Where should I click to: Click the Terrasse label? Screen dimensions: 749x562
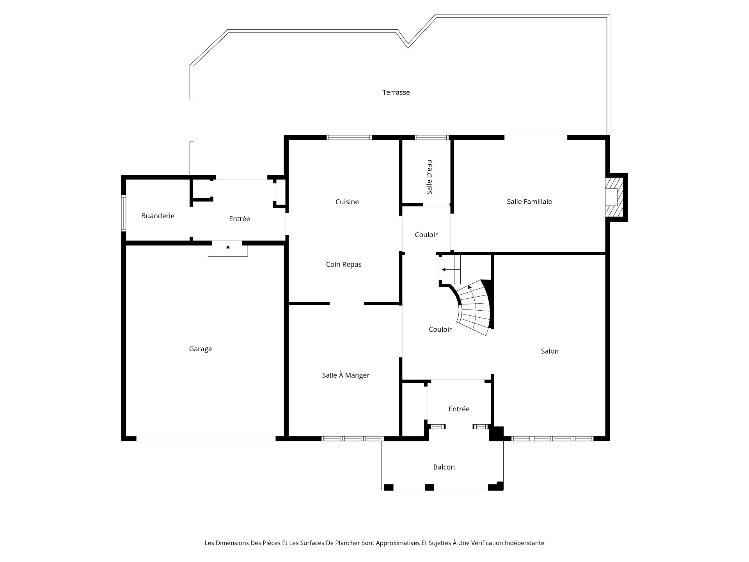point(396,92)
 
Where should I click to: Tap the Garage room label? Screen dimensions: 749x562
point(201,349)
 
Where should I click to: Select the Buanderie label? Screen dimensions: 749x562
point(158,216)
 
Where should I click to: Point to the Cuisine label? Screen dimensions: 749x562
point(347,202)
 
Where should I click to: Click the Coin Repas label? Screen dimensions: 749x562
point(344,265)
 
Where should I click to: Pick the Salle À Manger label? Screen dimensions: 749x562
point(346,375)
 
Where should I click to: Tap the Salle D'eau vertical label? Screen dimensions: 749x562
point(430,177)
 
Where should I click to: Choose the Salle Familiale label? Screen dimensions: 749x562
point(529,202)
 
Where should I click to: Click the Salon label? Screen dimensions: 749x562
point(550,351)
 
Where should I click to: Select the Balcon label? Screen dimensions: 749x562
point(444,467)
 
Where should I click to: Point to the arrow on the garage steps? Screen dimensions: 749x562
point(228,251)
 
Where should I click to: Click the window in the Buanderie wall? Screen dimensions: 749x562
point(123,213)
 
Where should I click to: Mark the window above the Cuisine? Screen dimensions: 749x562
point(349,137)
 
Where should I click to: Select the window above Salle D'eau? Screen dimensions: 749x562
point(431,137)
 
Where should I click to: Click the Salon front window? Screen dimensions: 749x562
point(552,439)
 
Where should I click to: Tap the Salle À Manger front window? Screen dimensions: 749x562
point(353,439)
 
